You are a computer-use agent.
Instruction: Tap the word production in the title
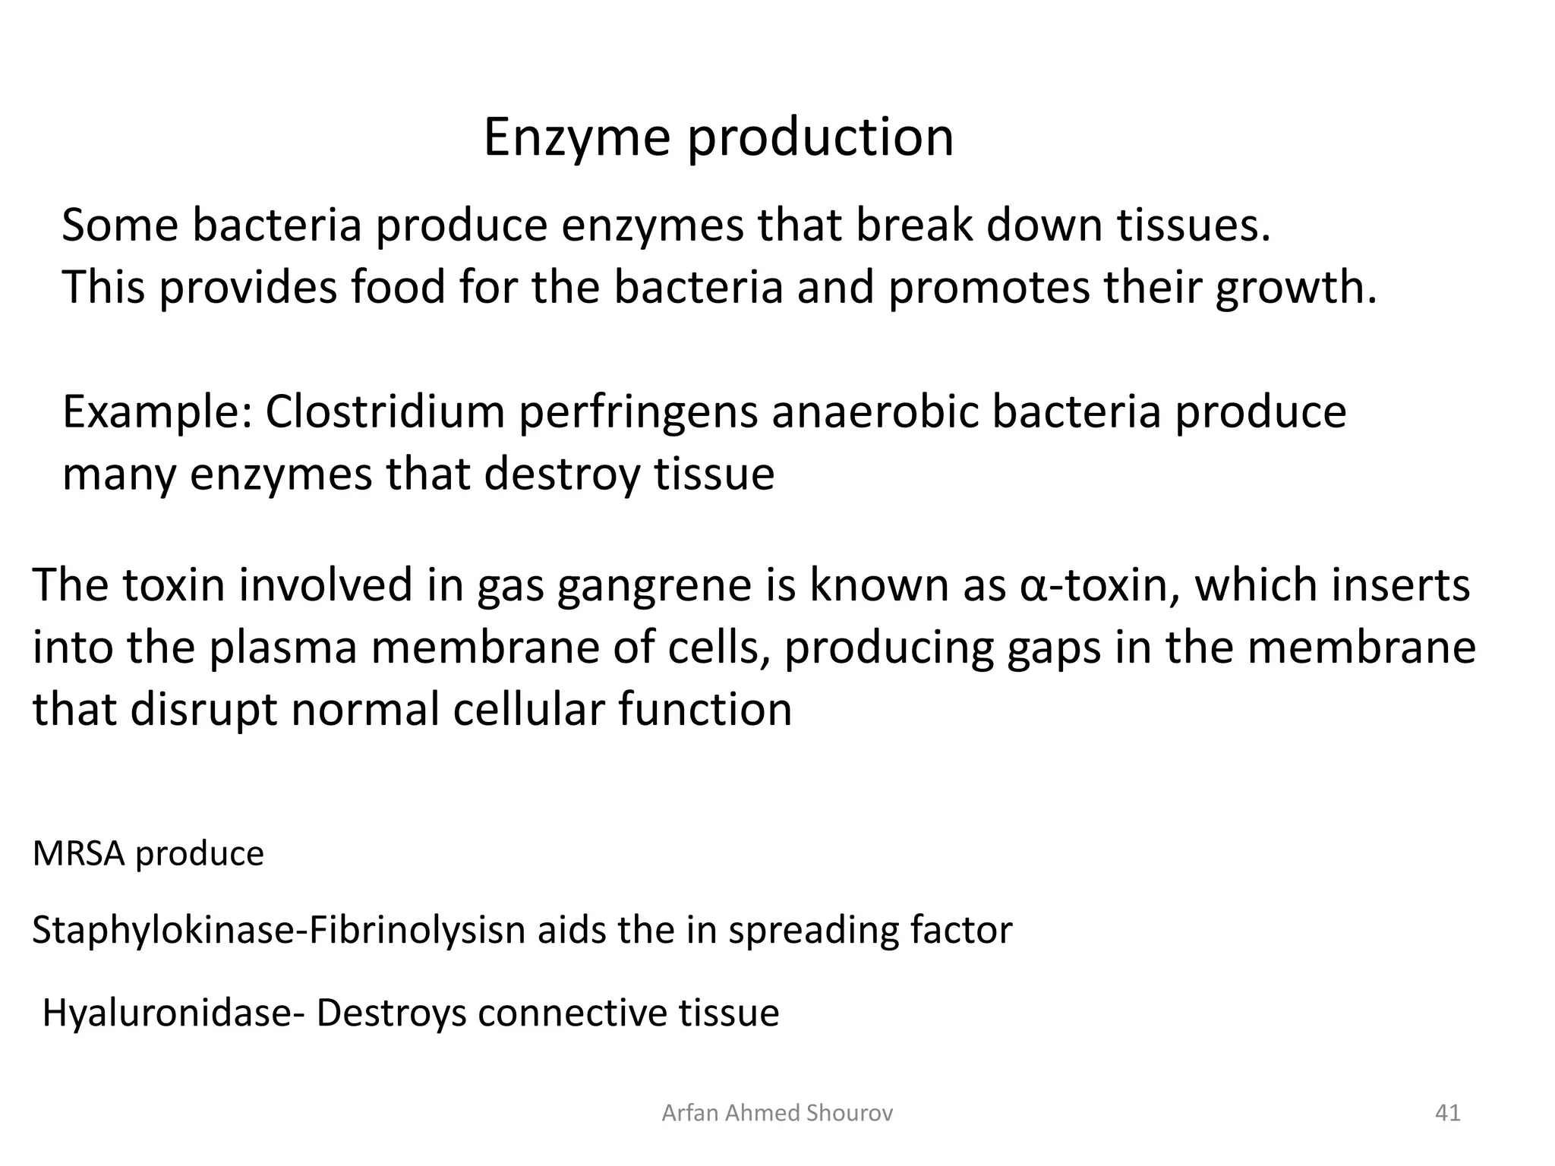pyautogui.click(x=820, y=138)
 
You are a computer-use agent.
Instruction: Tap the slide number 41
pyautogui.click(x=1447, y=1113)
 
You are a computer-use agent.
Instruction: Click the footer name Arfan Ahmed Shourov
pyautogui.click(x=777, y=1113)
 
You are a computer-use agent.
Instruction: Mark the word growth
pyautogui.click(x=1295, y=288)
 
